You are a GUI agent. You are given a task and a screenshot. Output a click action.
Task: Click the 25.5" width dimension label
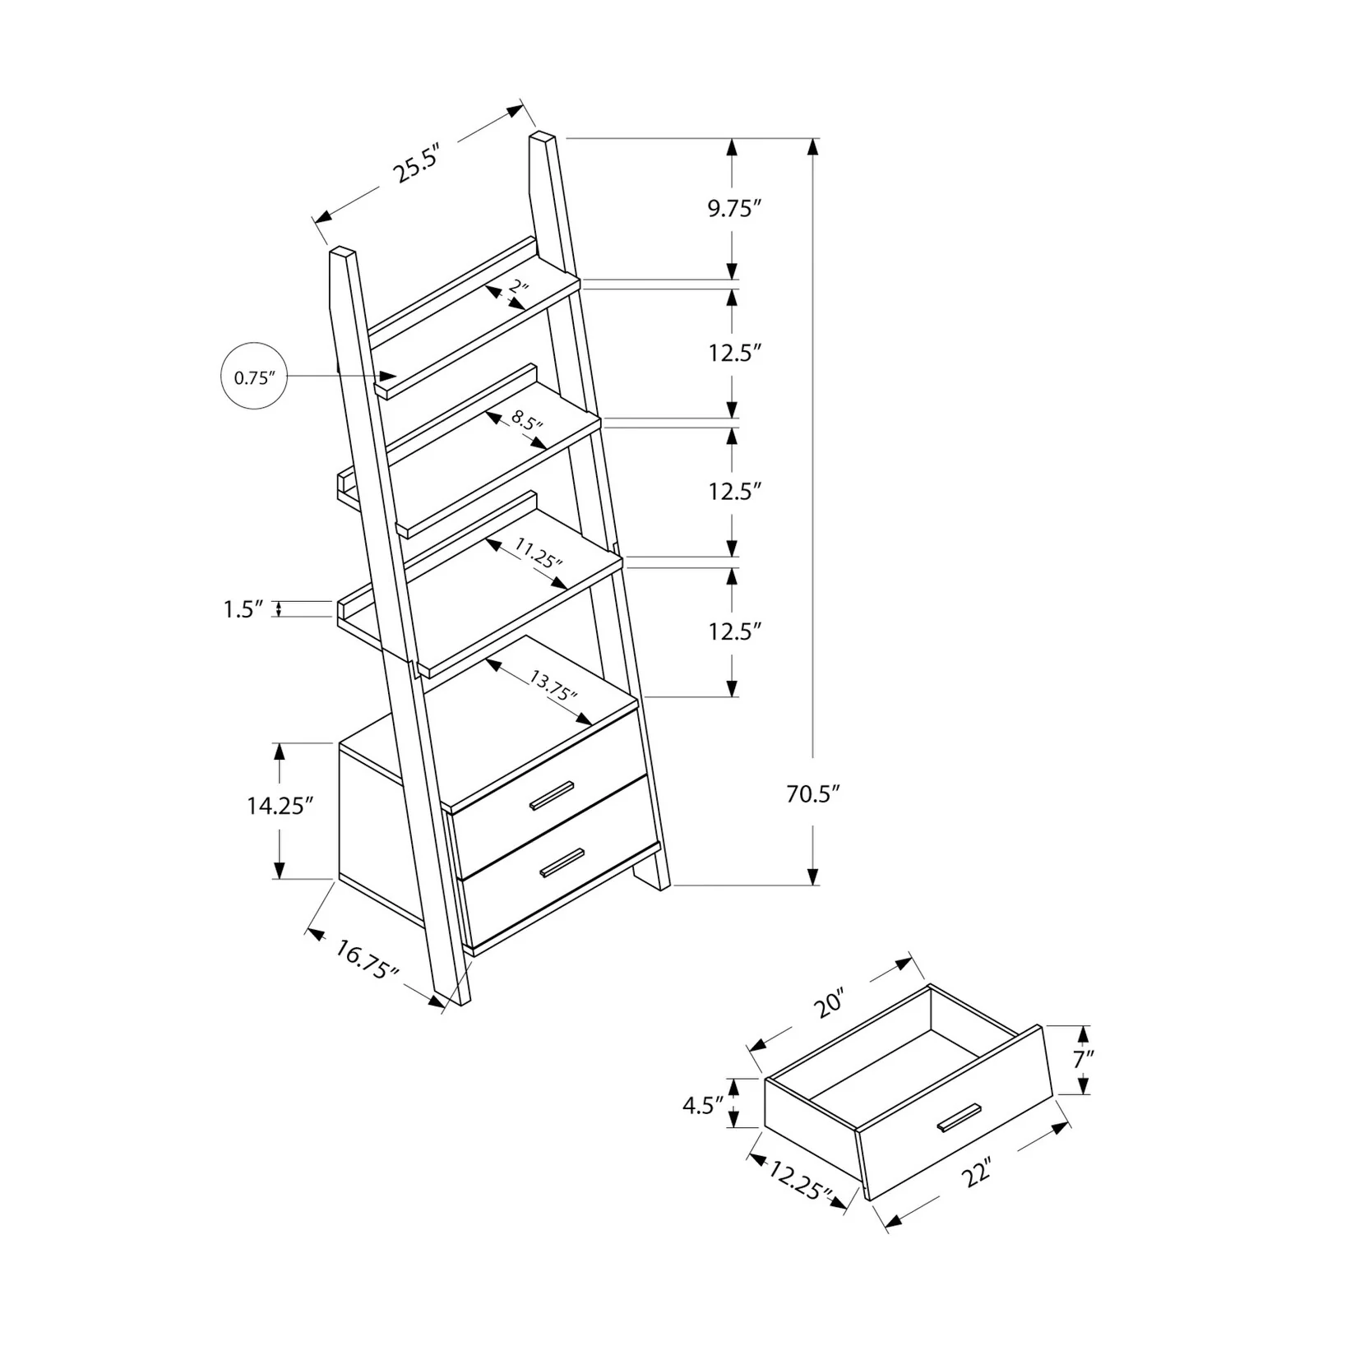pos(418,164)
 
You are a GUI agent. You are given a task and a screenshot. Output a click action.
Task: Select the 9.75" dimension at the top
pos(731,210)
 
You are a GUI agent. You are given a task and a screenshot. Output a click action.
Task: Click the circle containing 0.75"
pos(254,377)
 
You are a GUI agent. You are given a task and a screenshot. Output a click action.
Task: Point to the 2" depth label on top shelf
pos(517,288)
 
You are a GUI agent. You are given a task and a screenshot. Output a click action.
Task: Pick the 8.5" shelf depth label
pos(528,423)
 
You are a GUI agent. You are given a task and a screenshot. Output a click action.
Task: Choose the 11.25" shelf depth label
pos(539,553)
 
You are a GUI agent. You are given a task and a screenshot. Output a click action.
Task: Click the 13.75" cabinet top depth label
pos(553,684)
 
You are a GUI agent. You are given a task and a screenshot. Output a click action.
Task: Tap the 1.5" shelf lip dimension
pos(243,609)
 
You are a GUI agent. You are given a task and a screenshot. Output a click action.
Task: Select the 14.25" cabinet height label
pos(280,806)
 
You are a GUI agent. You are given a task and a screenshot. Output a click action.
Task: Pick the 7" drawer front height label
pos(1083,1059)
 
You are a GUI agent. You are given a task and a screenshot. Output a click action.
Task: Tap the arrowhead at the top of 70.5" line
pos(813,146)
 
